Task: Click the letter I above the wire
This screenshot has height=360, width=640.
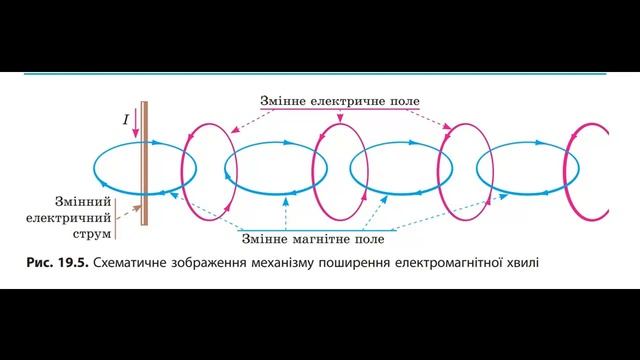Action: click(x=126, y=120)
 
